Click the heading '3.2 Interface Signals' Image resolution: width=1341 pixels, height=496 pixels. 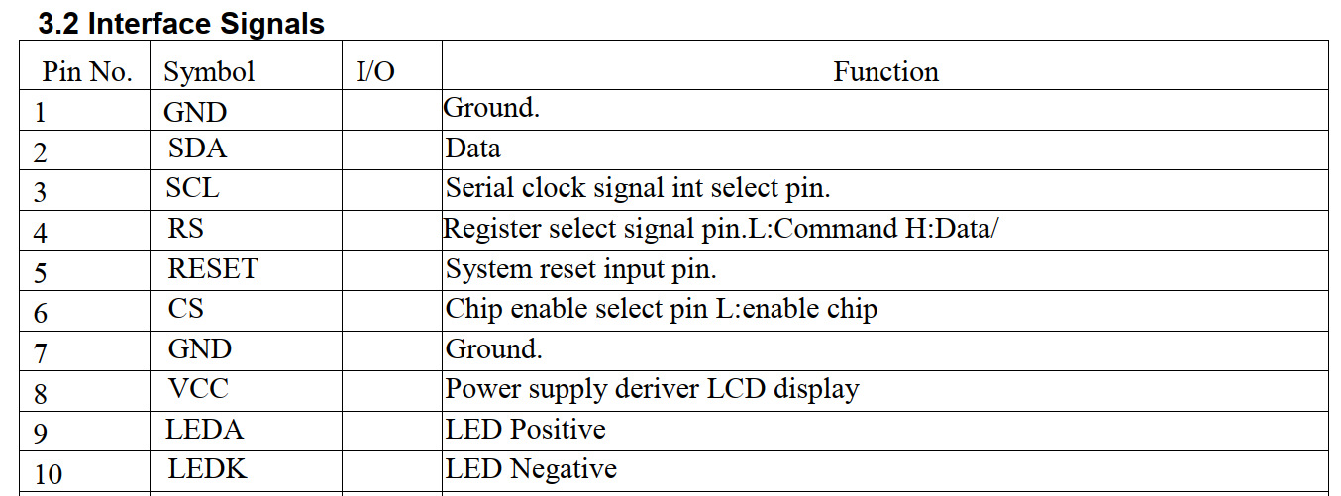pos(181,24)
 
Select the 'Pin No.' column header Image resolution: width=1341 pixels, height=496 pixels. pos(87,72)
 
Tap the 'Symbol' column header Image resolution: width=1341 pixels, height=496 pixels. pos(209,73)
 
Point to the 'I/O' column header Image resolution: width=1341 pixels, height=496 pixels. pos(375,72)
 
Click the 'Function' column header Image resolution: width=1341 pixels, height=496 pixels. pos(886,72)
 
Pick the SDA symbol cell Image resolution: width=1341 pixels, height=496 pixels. pos(197,149)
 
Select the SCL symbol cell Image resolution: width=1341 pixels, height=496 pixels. pos(193,188)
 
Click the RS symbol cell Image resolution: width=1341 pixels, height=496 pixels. pos(185,229)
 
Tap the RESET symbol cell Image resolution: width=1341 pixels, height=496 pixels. pos(213,268)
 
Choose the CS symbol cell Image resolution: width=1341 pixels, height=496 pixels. pos(185,309)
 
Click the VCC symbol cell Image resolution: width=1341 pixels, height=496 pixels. pos(198,389)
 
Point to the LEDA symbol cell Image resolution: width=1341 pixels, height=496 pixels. pos(204,430)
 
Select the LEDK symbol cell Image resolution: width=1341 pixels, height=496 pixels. pos(207,469)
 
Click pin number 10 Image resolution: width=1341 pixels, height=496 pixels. pos(49,474)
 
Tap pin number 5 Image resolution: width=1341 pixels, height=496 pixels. pos(40,273)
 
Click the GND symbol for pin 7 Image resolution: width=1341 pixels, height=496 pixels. pos(200,348)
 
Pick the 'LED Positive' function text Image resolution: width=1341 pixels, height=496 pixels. pos(525,429)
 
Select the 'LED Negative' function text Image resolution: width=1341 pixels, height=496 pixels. pos(531,469)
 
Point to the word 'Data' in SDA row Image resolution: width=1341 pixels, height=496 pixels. pos(472,149)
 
